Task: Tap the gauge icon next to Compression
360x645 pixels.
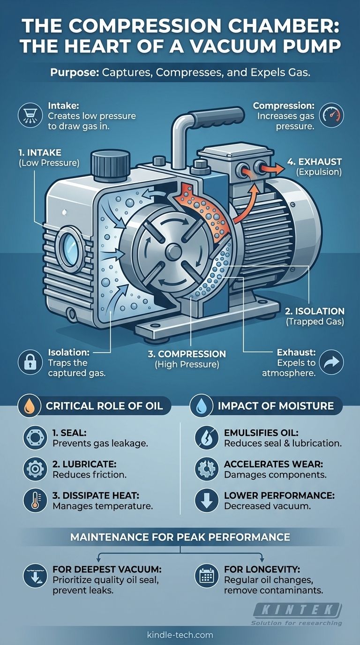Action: [332, 115]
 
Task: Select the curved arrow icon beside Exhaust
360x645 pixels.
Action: [331, 362]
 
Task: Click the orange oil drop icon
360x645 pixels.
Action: [29, 406]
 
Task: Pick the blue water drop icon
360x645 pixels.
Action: [201, 406]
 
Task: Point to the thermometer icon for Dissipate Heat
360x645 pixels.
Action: [35, 501]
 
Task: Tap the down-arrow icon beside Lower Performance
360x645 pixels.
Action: [207, 501]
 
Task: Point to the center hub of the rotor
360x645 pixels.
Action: [173, 251]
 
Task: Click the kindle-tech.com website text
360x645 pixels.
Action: [180, 635]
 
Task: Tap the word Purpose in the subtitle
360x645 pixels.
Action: [75, 72]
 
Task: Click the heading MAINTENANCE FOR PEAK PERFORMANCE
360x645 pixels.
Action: [180, 537]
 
